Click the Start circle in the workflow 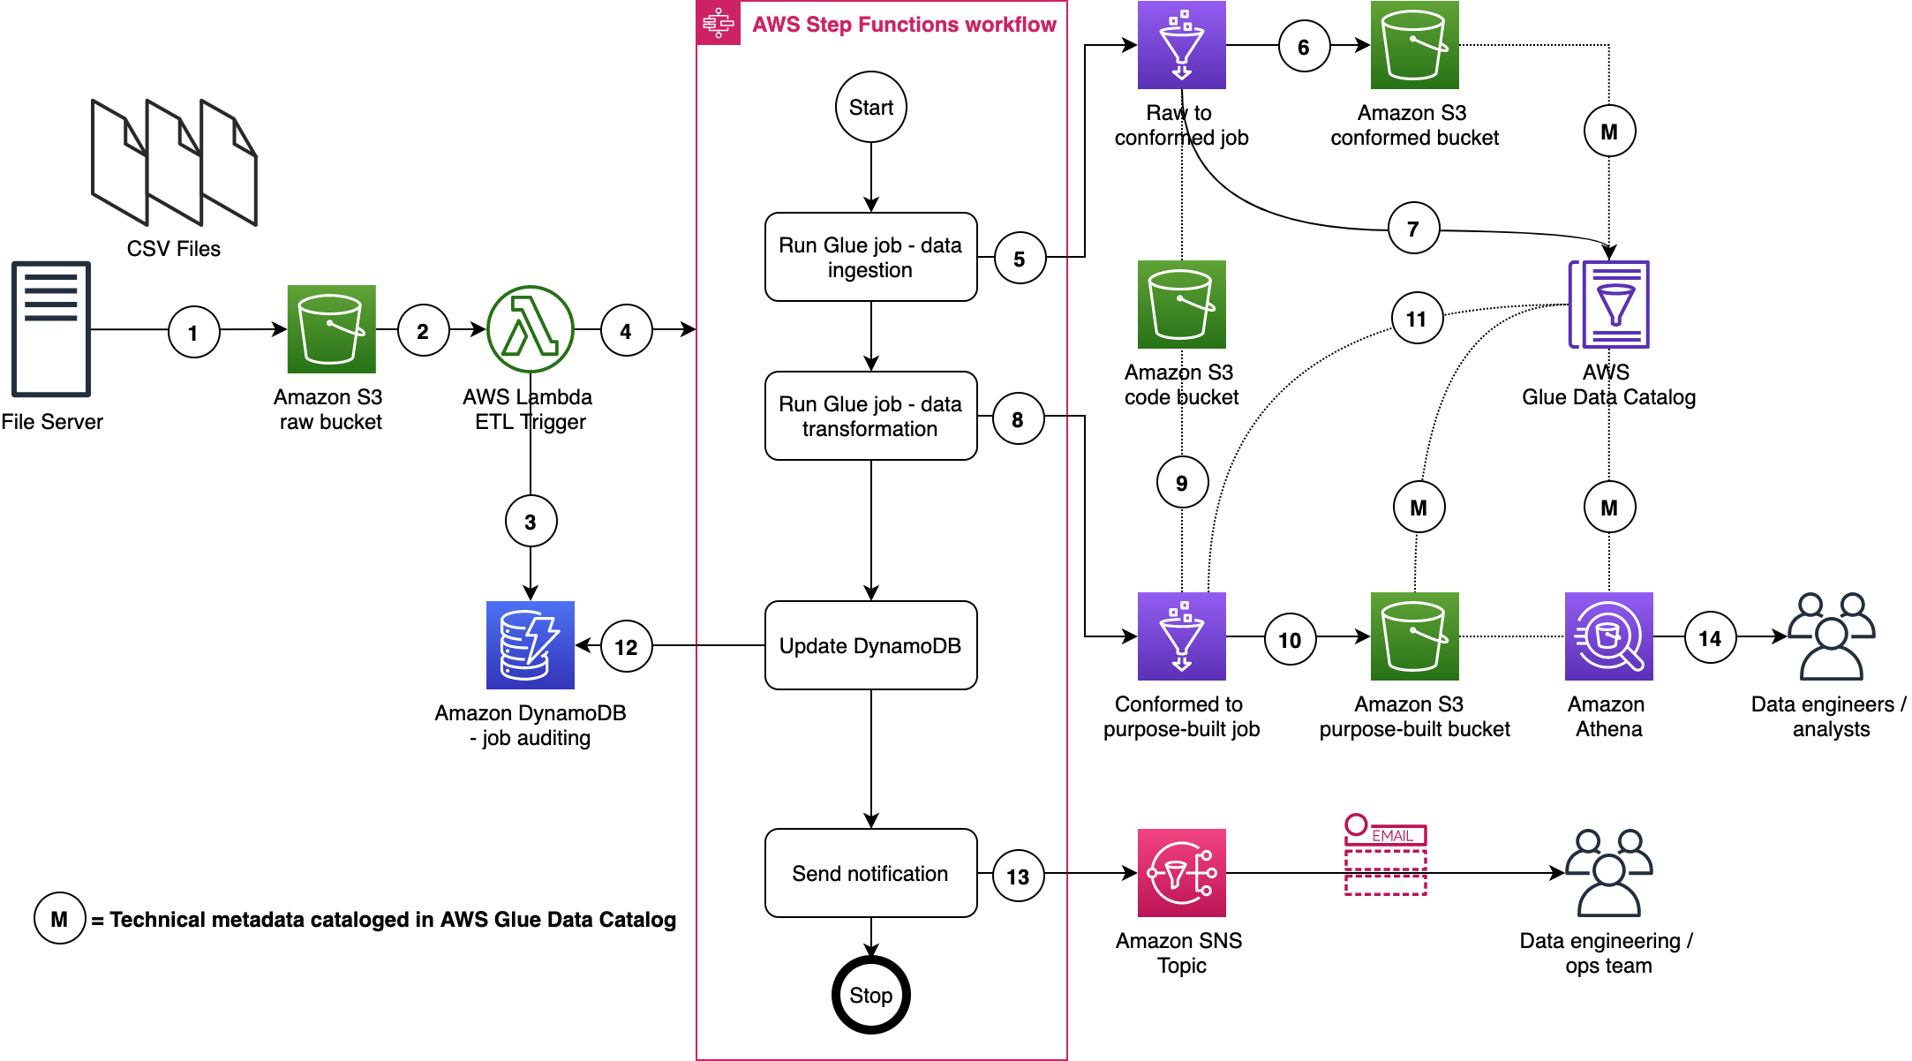pyautogui.click(x=870, y=107)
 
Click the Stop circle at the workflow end pyautogui.click(x=870, y=995)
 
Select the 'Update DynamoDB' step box pyautogui.click(x=870, y=645)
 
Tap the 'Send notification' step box pyautogui.click(x=870, y=873)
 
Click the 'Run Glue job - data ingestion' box pyautogui.click(x=870, y=257)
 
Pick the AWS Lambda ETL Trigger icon pyautogui.click(x=531, y=329)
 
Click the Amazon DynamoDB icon pyautogui.click(x=531, y=645)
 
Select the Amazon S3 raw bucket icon pyautogui.click(x=331, y=329)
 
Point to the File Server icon pyautogui.click(x=51, y=329)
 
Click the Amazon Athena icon pyautogui.click(x=1608, y=636)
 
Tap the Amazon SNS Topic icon pyautogui.click(x=1181, y=873)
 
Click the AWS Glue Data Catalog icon pyautogui.click(x=1608, y=305)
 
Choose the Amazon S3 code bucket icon pyautogui.click(x=1181, y=305)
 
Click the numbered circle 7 pyautogui.click(x=1413, y=229)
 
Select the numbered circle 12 pyautogui.click(x=626, y=647)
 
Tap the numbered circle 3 pyautogui.click(x=531, y=522)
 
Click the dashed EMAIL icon pyautogui.click(x=1385, y=856)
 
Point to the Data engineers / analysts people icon pyautogui.click(x=1831, y=636)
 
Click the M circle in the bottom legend pyautogui.click(x=59, y=919)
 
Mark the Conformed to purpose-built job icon pyautogui.click(x=1181, y=636)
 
